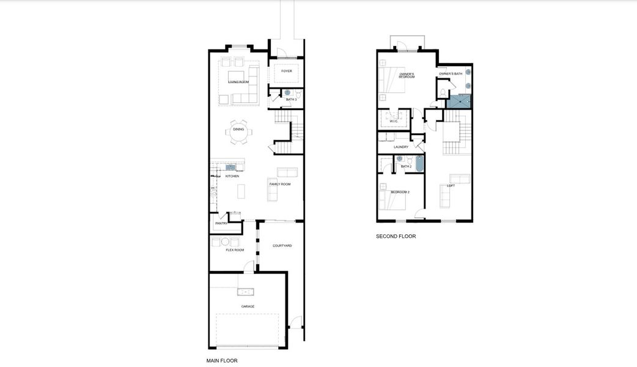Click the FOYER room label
click(x=286, y=71)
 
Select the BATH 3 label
click(x=292, y=100)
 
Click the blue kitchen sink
click(x=230, y=166)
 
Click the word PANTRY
click(x=221, y=223)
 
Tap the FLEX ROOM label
click(x=235, y=250)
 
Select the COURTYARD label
click(x=282, y=245)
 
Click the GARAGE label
click(x=248, y=306)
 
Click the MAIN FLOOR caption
click(x=222, y=361)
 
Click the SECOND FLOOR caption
click(x=396, y=236)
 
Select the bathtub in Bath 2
click(x=420, y=163)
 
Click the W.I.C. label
click(x=394, y=121)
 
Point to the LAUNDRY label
click(x=401, y=147)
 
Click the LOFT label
click(x=451, y=185)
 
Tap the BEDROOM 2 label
click(x=400, y=192)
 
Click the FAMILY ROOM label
click(x=280, y=184)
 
